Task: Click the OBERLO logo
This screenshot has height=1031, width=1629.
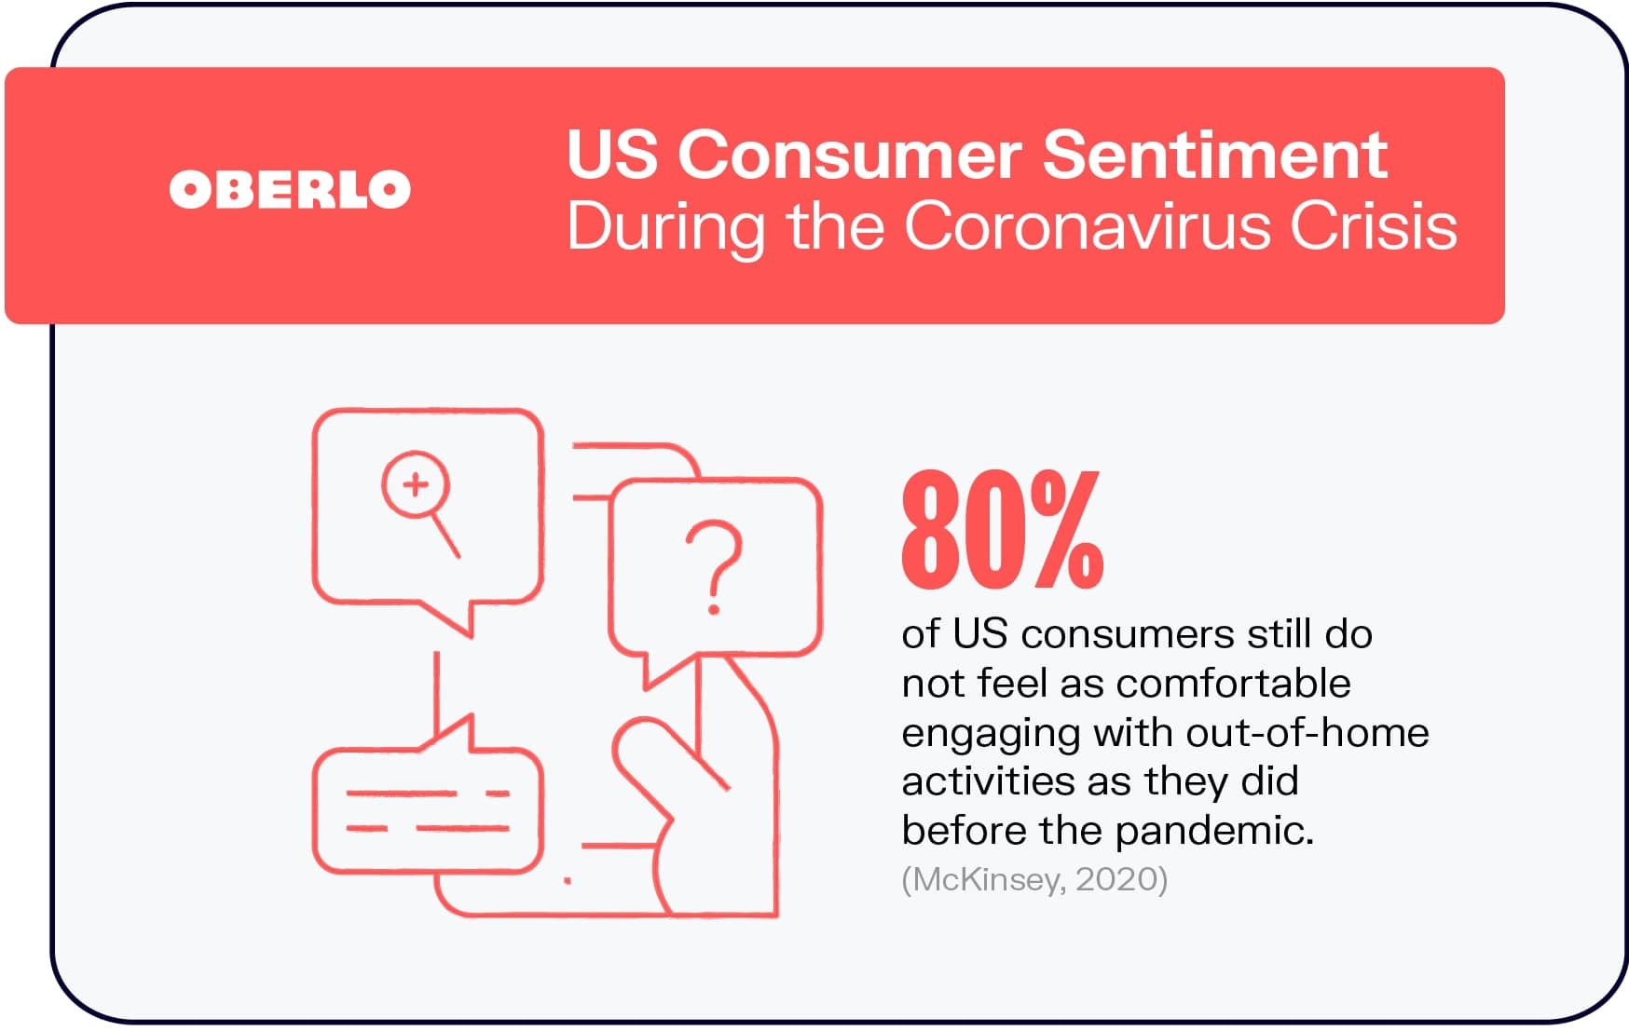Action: coord(290,189)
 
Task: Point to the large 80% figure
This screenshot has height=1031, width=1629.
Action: coord(1003,530)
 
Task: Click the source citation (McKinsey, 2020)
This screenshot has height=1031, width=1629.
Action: coord(1034,879)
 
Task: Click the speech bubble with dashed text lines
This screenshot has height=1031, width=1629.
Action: coord(427,799)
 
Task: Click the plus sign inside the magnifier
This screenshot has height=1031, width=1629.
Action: coord(416,483)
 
